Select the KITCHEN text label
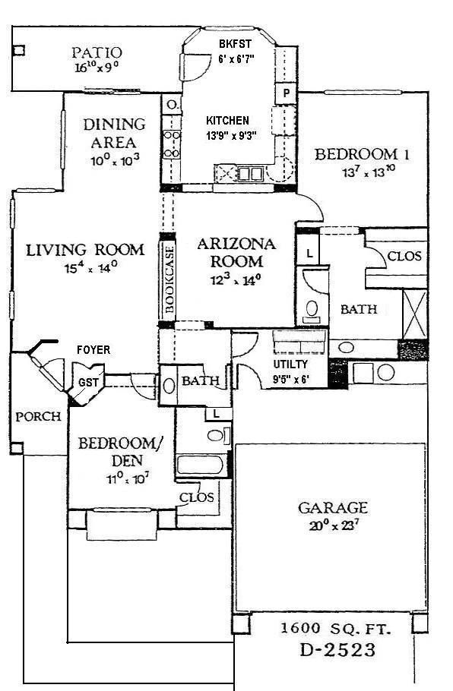pos(228,120)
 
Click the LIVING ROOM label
pos(85,250)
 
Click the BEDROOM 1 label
pos(363,155)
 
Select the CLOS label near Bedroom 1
pos(404,256)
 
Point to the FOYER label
pos(93,350)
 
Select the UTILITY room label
pos(291,364)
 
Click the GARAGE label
pos(333,508)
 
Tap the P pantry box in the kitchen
pos(287,93)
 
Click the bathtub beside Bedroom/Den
pos(201,465)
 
